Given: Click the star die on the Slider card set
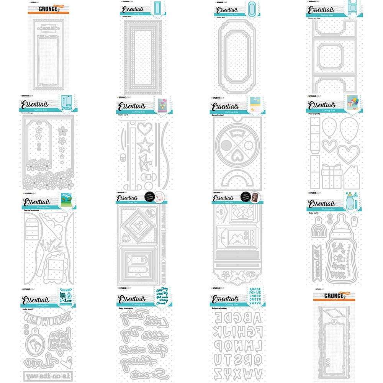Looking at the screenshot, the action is (x=145, y=145).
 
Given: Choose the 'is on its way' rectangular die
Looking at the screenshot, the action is (x=48, y=374).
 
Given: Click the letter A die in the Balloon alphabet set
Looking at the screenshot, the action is (x=218, y=318).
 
